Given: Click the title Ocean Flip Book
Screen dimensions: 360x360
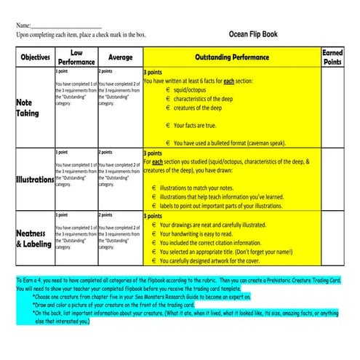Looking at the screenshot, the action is pos(252,33).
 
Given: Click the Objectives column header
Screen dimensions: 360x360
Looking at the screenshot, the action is pos(35,57).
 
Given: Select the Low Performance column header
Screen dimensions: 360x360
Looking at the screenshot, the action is pos(76,57).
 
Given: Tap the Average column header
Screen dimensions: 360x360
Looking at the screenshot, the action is pos(120,57).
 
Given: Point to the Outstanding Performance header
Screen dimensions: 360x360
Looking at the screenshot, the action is pos(232,57).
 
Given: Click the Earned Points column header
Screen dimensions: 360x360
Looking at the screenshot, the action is pos(332,57).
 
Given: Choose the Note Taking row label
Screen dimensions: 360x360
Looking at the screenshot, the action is pos(28,108).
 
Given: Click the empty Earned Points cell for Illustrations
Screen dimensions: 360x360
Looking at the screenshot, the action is pos(332,179).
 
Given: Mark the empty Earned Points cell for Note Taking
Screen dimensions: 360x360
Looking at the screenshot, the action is pos(332,108).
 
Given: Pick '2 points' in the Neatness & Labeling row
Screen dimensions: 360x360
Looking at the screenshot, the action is pos(105,216).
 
